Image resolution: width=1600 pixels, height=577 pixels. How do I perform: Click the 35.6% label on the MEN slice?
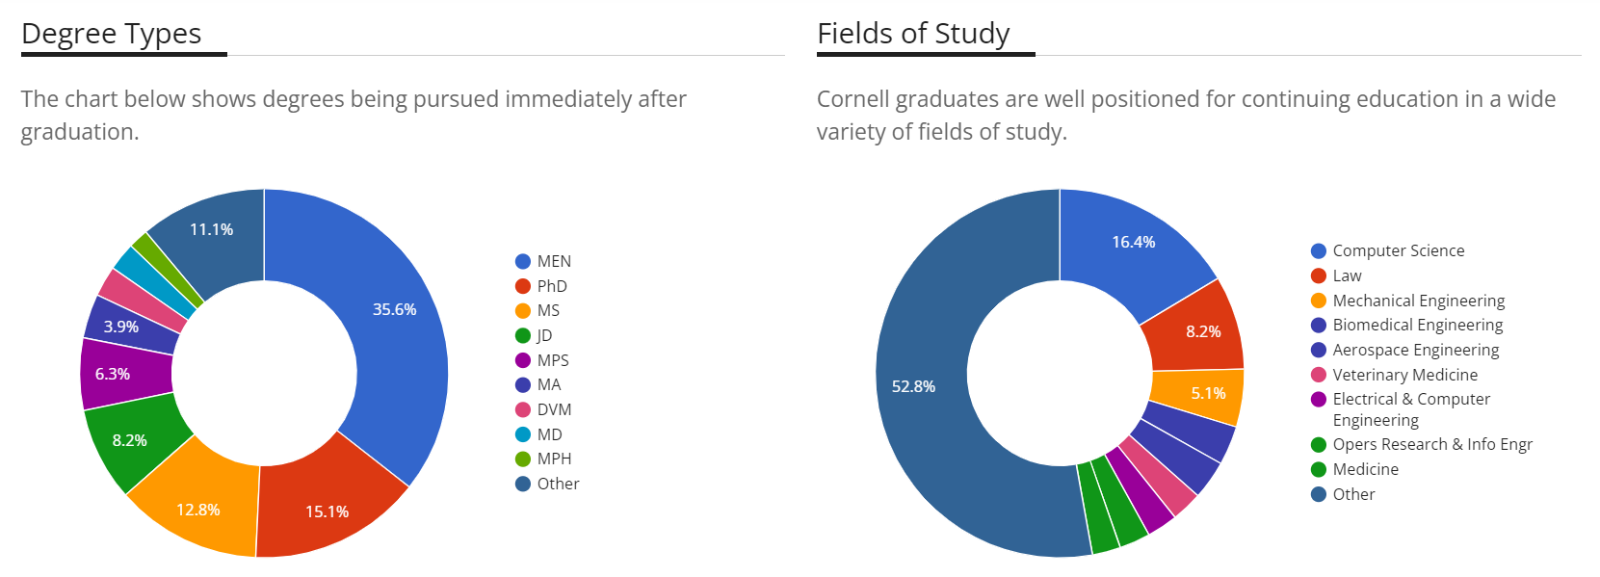tap(394, 309)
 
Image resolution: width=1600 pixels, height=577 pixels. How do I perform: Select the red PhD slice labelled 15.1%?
tap(328, 511)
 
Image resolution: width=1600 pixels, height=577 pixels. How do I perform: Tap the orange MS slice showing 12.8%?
tap(198, 509)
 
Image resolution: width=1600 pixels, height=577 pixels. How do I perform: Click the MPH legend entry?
tap(554, 459)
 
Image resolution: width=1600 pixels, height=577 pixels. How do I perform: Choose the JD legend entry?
tap(544, 335)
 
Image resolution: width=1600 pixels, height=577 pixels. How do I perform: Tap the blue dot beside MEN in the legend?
tap(523, 261)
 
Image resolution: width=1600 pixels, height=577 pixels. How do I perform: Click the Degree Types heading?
tap(111, 34)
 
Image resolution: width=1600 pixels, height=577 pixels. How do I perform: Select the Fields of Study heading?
tap(912, 34)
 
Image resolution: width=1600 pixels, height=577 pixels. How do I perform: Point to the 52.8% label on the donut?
tap(913, 386)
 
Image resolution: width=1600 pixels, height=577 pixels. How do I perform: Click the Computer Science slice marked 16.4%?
tap(1133, 242)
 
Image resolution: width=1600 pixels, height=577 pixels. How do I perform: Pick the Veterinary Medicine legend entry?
tap(1403, 375)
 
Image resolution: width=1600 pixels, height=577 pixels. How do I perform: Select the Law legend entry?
tap(1347, 275)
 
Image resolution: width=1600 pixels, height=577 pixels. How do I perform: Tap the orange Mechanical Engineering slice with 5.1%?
tap(1207, 393)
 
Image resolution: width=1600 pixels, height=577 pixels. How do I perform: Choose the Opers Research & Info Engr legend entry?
tap(1431, 444)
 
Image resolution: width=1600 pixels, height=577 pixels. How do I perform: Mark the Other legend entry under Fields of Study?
tap(1352, 494)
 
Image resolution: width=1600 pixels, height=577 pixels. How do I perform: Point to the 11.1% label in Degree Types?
tap(211, 229)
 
